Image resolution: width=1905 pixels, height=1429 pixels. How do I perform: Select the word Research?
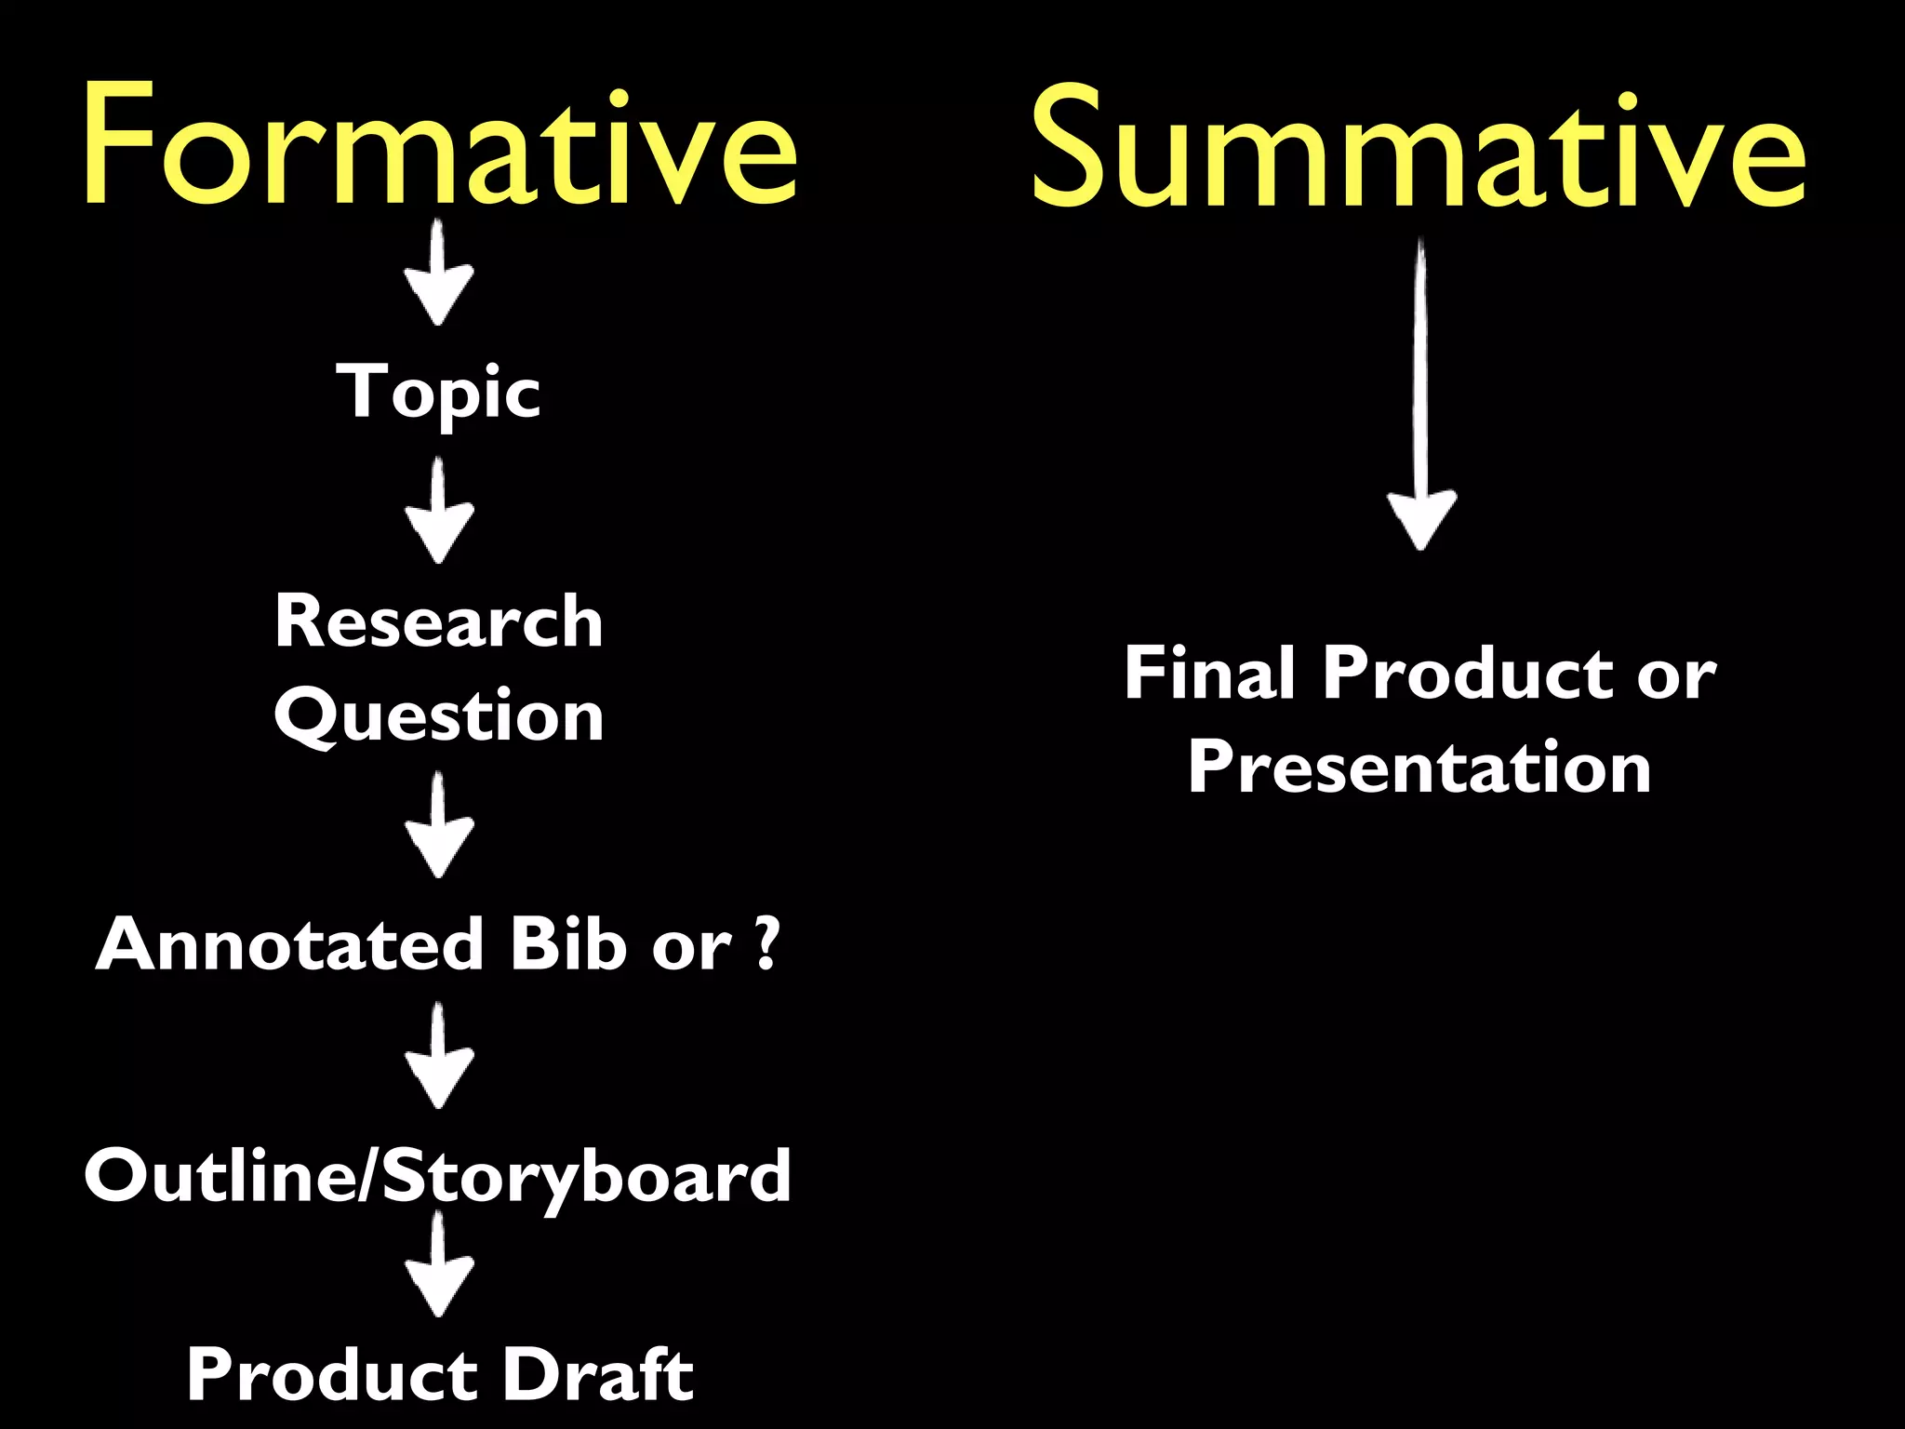[x=438, y=621]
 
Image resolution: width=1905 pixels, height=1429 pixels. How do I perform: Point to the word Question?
[x=438, y=716]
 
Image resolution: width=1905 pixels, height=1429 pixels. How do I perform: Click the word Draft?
[x=599, y=1374]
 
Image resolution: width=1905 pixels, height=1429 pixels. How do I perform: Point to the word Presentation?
[x=1419, y=768]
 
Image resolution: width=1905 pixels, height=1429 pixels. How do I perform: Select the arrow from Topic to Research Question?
[x=439, y=512]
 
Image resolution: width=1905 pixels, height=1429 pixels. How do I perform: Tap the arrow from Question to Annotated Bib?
[x=439, y=827]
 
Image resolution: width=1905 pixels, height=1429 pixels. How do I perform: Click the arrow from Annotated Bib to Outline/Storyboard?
[x=439, y=1057]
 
